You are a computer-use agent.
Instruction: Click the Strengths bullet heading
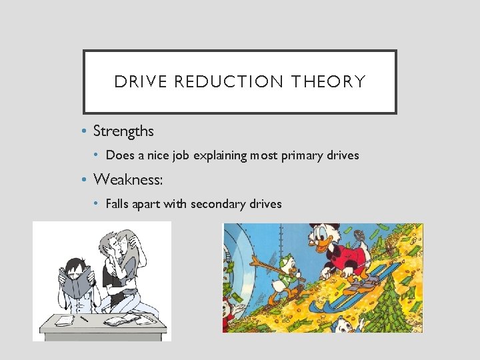[123, 131]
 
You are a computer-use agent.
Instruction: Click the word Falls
[117, 203]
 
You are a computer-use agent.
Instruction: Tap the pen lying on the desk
[83, 319]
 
